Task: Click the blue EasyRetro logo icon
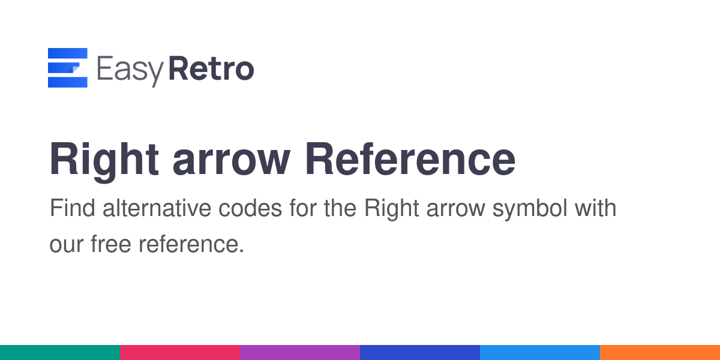click(67, 67)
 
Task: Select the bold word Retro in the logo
click(211, 68)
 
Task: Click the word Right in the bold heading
click(104, 161)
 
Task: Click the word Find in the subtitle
click(73, 208)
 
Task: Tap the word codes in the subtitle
click(250, 208)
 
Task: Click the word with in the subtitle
click(596, 208)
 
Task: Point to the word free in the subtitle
click(111, 244)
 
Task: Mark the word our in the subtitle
click(67, 246)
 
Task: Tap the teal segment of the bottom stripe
click(60, 353)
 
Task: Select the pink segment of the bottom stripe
click(180, 353)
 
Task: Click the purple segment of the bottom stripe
click(300, 353)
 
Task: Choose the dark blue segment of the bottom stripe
click(420, 353)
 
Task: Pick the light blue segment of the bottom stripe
click(540, 353)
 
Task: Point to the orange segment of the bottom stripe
click(660, 353)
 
